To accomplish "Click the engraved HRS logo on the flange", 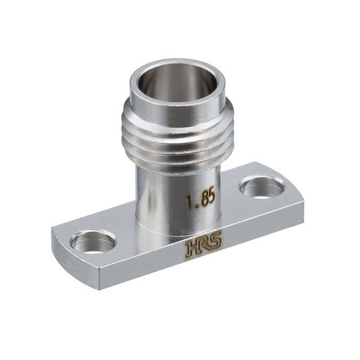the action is click(x=204, y=243).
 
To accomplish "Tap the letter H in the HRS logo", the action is click(x=191, y=248).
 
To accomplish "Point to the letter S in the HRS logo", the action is click(x=215, y=239).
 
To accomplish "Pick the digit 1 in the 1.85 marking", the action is click(x=190, y=202).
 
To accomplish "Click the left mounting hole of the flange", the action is click(x=93, y=242).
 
